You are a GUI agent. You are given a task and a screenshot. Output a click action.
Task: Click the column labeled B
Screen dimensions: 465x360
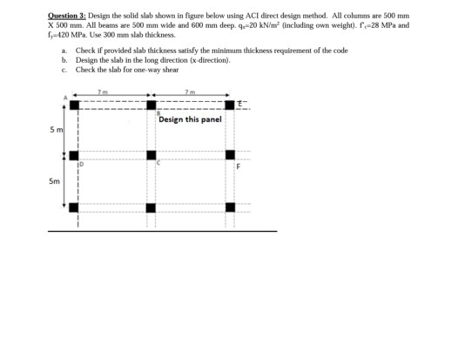[x=151, y=105]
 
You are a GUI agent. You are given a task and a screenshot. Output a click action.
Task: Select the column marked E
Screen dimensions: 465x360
[x=230, y=105]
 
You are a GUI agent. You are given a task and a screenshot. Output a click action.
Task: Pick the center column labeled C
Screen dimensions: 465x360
[x=151, y=156]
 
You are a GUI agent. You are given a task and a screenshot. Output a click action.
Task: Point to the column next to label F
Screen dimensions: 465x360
[x=230, y=156]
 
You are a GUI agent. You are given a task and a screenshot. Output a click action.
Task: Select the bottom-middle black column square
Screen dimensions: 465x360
[x=151, y=207]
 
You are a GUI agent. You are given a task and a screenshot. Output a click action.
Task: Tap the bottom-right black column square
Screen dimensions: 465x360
[x=230, y=207]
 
